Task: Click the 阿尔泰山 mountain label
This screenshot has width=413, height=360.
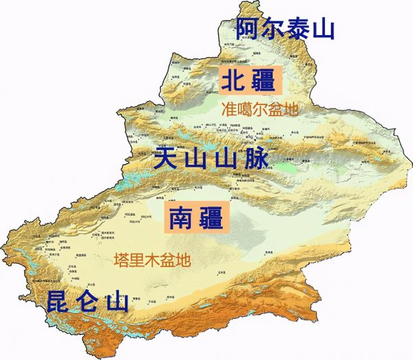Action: point(285,30)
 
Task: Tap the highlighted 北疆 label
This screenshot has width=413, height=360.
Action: point(251,81)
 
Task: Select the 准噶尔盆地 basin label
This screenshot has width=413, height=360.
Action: point(261,109)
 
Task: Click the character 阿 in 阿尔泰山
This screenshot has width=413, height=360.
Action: point(248,30)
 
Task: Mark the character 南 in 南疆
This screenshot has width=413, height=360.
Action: point(177,219)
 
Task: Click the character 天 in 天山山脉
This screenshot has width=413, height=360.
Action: point(166,160)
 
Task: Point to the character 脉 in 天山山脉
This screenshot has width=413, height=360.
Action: point(255,160)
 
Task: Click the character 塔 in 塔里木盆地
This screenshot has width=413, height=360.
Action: point(120,260)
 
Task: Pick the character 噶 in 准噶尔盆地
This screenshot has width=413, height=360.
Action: point(245,109)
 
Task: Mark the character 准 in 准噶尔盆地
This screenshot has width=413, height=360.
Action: point(229,109)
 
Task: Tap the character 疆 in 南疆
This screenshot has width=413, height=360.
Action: point(210,219)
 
